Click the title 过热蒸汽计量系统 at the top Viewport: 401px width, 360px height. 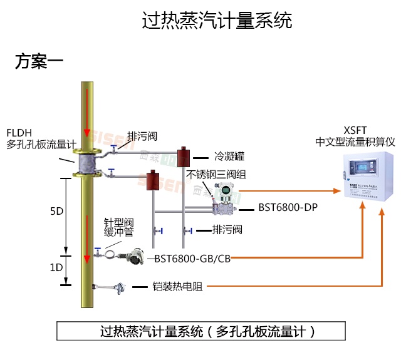217,21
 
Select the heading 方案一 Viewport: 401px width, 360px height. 39,61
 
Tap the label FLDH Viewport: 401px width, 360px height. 19,133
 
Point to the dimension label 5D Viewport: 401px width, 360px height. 57,211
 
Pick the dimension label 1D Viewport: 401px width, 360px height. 57,267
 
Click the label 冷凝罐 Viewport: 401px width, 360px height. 228,156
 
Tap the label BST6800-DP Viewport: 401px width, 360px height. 283,207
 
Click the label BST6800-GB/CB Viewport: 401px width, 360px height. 192,258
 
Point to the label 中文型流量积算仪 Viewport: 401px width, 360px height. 355,142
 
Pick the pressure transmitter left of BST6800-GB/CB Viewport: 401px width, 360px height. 134,257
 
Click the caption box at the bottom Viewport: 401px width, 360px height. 200,331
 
